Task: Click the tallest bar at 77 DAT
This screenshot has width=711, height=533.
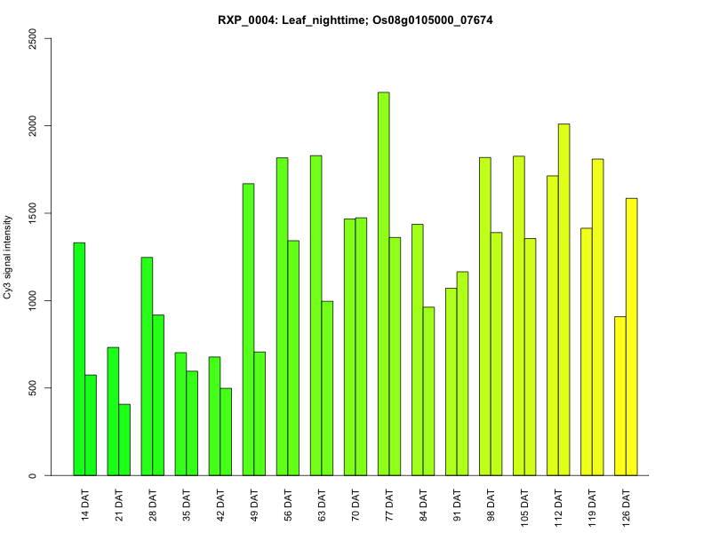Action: [383, 284]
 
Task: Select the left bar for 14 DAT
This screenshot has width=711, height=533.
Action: [79, 359]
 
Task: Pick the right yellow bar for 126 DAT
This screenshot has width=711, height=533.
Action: [632, 337]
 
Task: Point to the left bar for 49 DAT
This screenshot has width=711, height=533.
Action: [248, 330]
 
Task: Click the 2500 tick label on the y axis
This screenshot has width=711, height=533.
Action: [33, 39]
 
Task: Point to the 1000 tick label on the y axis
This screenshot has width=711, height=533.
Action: [33, 301]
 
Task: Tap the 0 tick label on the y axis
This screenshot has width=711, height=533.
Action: [33, 475]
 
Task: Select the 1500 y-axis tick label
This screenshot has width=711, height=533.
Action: [33, 214]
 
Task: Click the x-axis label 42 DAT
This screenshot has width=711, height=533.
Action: [220, 503]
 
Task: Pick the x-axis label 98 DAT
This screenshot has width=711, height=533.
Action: [491, 503]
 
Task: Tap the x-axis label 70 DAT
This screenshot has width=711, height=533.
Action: [355, 503]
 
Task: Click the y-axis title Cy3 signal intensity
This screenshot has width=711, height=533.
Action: [9, 257]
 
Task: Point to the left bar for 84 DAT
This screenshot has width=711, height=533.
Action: [417, 350]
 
